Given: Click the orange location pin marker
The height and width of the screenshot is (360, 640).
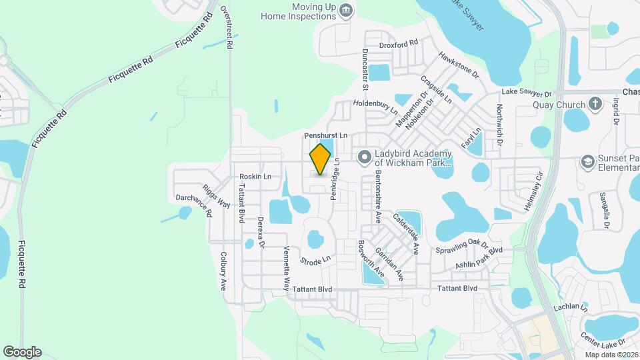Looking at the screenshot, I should pyautogui.click(x=320, y=159).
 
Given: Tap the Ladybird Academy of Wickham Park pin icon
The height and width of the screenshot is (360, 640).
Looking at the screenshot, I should pyautogui.click(x=364, y=157).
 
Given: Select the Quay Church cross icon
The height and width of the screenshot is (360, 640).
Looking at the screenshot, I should pyautogui.click(x=595, y=104).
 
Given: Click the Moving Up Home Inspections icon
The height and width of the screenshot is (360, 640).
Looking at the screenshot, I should pyautogui.click(x=345, y=10).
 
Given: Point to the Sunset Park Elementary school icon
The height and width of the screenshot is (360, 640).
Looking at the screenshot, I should pyautogui.click(x=587, y=161).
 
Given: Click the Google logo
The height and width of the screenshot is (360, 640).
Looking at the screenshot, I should pyautogui.click(x=22, y=352).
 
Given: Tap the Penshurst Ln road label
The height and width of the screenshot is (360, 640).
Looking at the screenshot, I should pyautogui.click(x=326, y=135).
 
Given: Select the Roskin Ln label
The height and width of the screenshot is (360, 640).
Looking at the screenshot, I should pyautogui.click(x=255, y=177).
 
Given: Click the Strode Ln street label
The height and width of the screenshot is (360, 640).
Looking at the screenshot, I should pyautogui.click(x=315, y=259).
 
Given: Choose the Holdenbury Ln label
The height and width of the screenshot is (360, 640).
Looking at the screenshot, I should pyautogui.click(x=375, y=103).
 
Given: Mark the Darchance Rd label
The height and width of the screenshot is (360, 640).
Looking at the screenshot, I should pyautogui.click(x=194, y=205).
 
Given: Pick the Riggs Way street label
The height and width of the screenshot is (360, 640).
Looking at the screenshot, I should pyautogui.click(x=217, y=197).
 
